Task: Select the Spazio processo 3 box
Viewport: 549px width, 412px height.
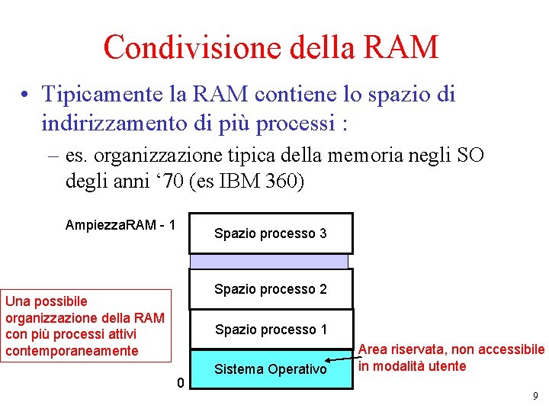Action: click(x=271, y=233)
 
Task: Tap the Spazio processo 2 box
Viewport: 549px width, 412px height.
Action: click(x=271, y=289)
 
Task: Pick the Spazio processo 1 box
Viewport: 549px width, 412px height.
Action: click(x=271, y=330)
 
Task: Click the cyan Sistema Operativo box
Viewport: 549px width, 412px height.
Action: click(x=271, y=369)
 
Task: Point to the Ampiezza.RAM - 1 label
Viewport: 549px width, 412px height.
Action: click(x=120, y=225)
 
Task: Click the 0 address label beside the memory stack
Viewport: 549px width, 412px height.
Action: click(x=180, y=382)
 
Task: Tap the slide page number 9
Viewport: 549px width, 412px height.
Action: click(x=535, y=396)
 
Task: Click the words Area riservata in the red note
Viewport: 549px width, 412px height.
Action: click(x=403, y=350)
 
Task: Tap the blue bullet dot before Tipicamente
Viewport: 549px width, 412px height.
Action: click(x=26, y=95)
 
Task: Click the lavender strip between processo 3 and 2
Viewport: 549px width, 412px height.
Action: click(x=268, y=261)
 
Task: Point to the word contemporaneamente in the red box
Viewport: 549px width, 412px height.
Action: click(x=72, y=351)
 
